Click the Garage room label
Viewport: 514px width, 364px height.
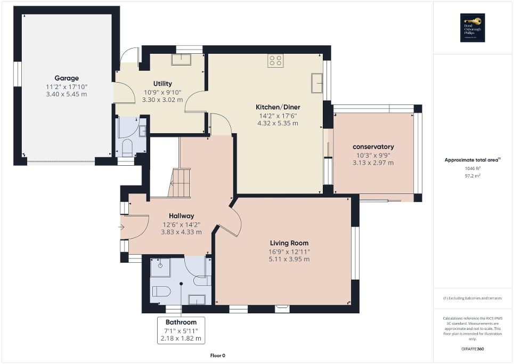[66, 78]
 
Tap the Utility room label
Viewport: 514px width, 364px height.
[162, 84]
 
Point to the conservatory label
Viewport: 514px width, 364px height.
[373, 147]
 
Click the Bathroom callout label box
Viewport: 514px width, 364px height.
[181, 330]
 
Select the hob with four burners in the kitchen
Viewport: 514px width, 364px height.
[275, 61]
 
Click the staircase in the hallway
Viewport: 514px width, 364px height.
[180, 182]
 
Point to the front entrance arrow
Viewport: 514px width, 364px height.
[121, 228]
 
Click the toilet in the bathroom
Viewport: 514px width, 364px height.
[161, 291]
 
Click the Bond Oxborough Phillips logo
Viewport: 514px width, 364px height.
[471, 28]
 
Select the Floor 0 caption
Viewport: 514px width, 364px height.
[218, 355]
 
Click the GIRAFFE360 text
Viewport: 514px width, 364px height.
[473, 349]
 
